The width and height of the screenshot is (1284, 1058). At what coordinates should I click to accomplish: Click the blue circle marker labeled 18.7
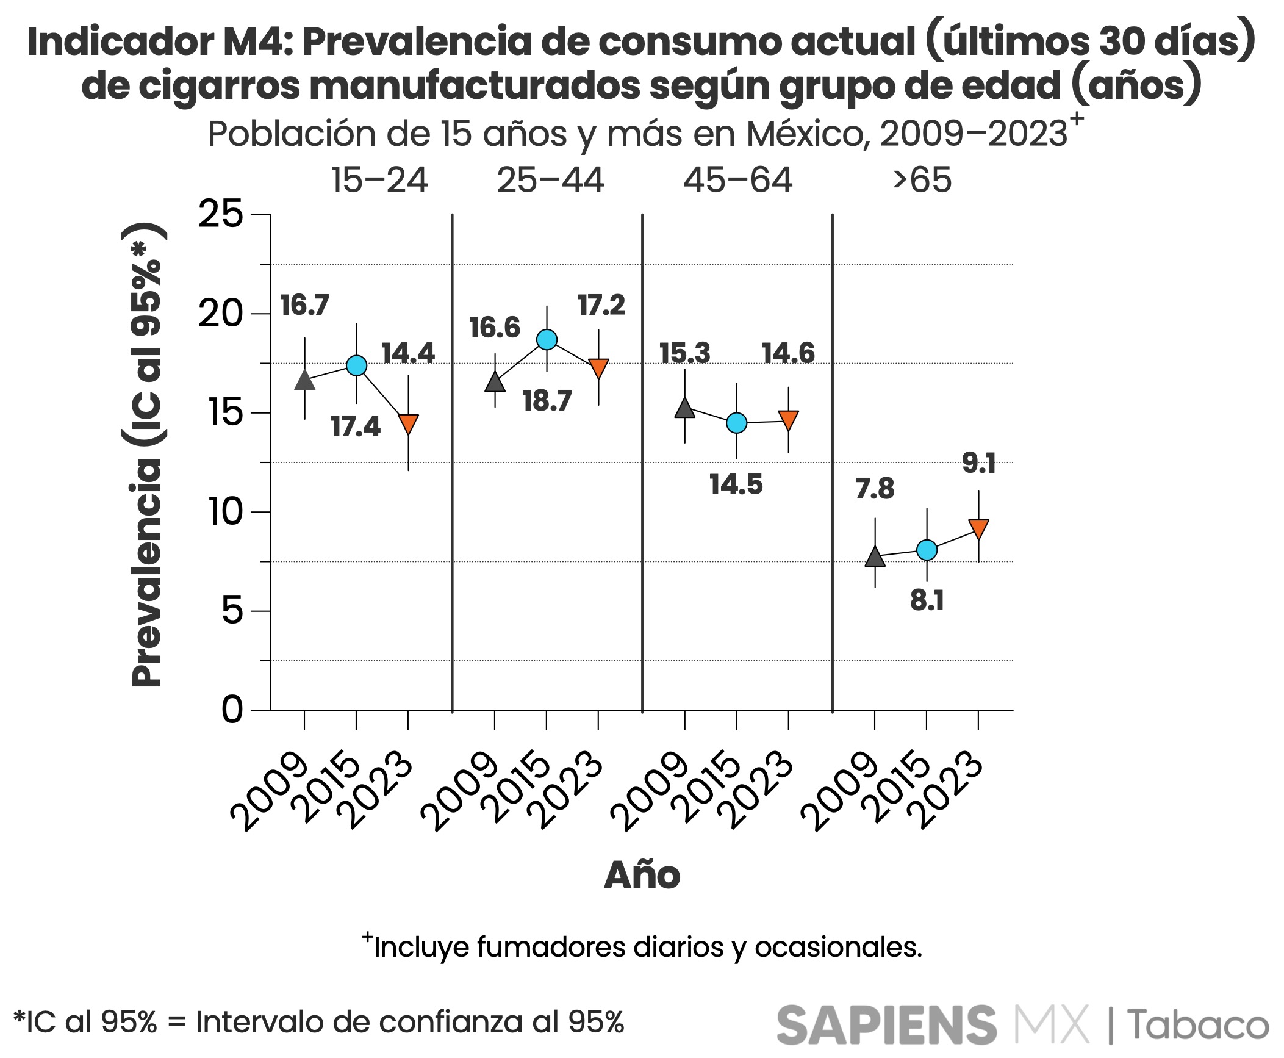tap(547, 339)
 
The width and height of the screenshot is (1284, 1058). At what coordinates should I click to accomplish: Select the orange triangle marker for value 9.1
tap(978, 528)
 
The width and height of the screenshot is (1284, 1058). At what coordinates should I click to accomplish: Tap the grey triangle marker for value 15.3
tap(684, 408)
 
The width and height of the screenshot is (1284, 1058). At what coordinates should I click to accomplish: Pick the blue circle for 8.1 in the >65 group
tap(927, 550)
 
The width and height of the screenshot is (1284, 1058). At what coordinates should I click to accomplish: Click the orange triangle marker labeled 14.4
tap(408, 423)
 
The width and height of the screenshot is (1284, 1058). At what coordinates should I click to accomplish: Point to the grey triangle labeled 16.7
tap(304, 381)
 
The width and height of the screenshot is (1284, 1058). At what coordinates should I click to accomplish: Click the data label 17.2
tap(601, 305)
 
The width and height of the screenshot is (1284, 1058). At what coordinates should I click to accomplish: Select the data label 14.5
tap(736, 484)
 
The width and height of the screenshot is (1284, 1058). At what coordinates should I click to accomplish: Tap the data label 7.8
tap(874, 488)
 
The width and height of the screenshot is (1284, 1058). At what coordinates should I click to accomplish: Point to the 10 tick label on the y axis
tap(226, 511)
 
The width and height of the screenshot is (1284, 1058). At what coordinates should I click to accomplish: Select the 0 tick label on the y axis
tap(232, 710)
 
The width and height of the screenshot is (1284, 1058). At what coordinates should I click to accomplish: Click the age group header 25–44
tap(550, 181)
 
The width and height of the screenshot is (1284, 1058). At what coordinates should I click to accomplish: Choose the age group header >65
tap(922, 181)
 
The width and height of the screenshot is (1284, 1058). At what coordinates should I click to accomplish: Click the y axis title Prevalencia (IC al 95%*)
tap(146, 455)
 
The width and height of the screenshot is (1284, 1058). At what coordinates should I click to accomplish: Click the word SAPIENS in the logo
tap(886, 1025)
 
